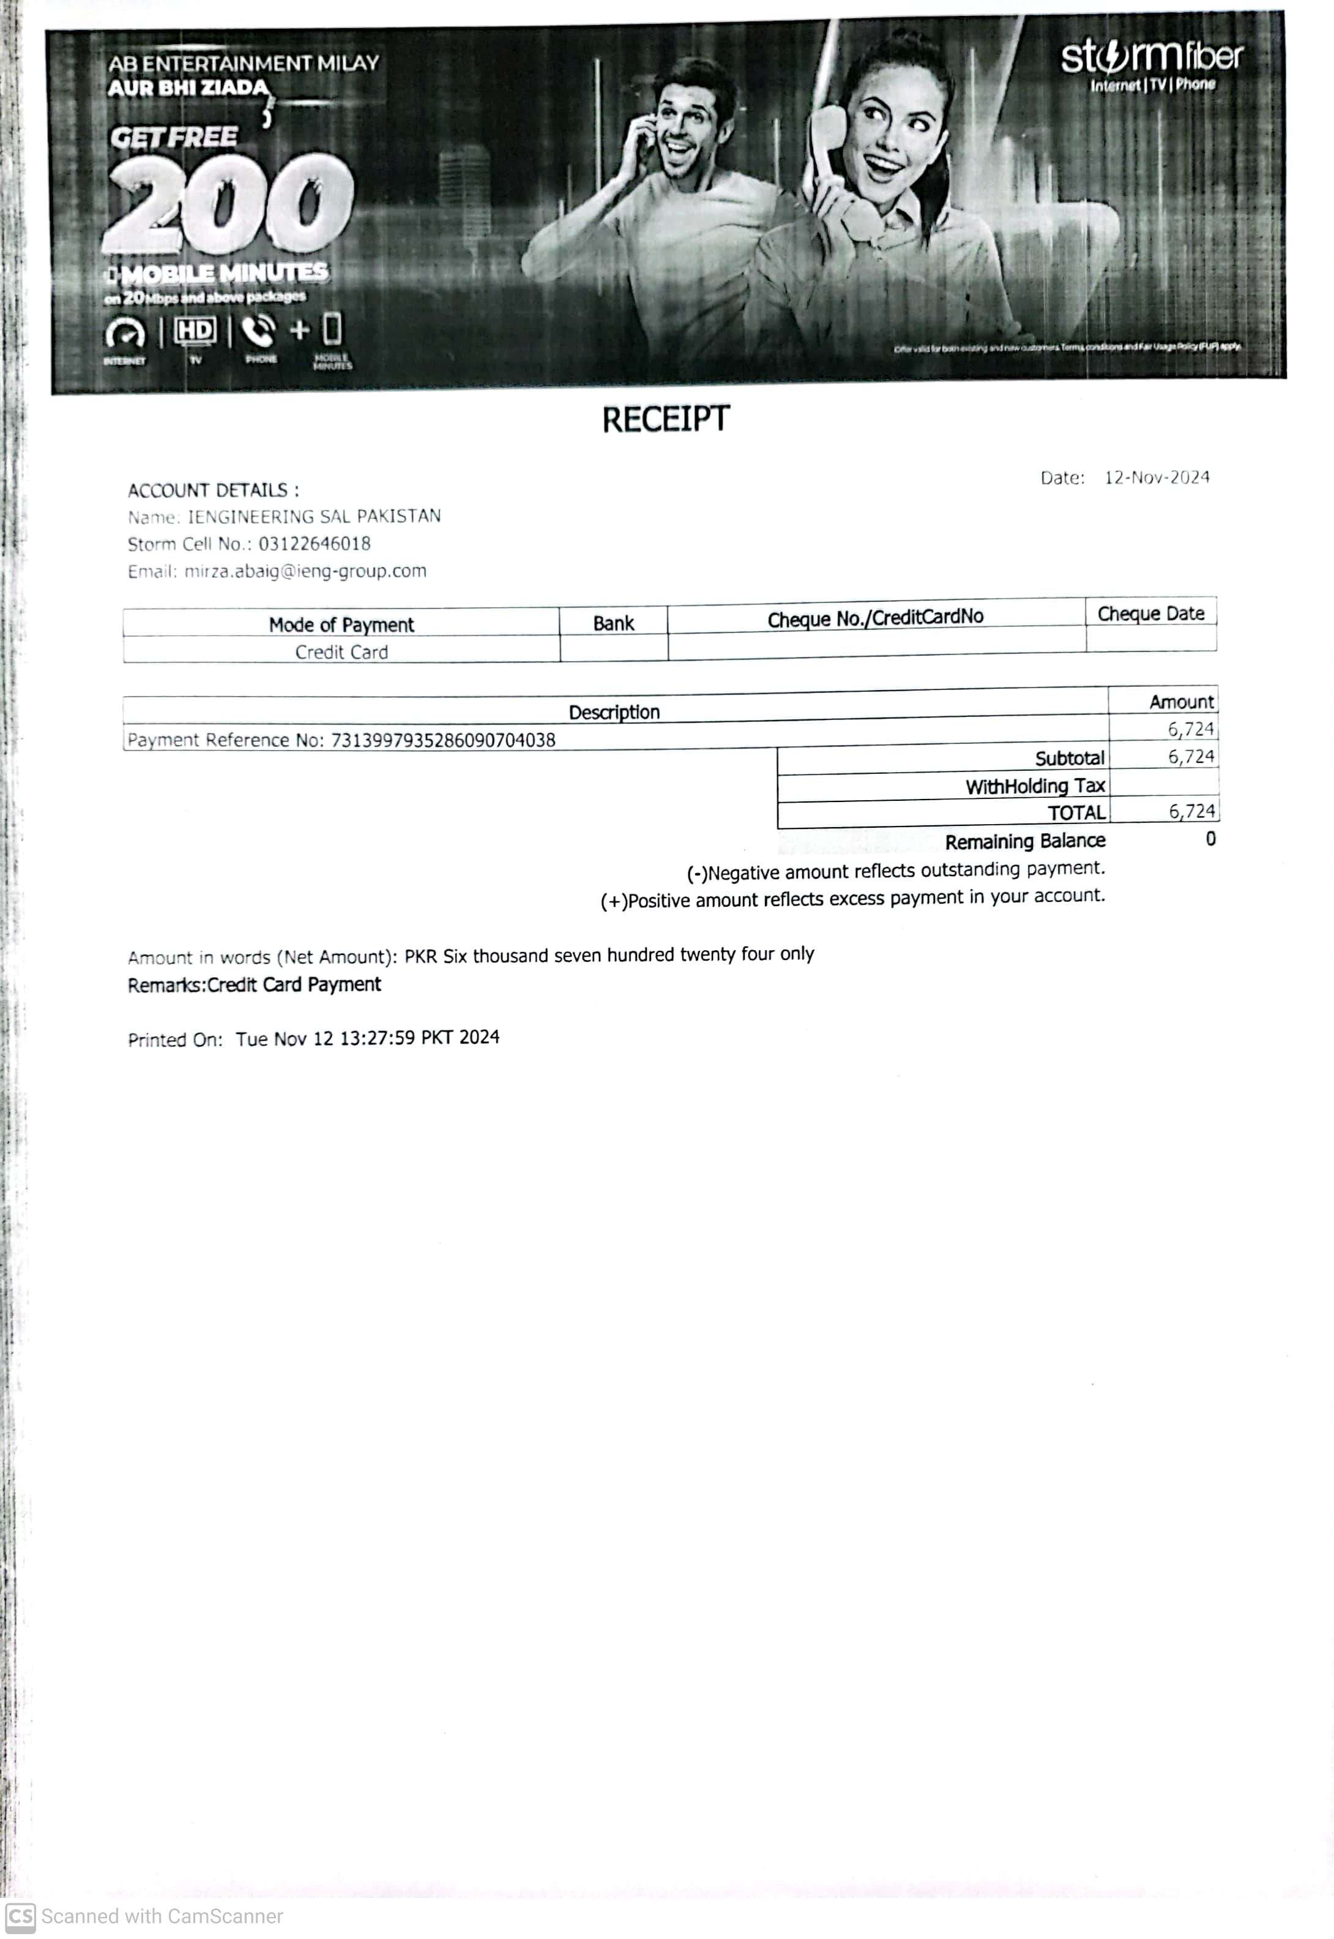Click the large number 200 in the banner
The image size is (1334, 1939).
point(228,203)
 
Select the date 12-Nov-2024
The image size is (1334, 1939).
point(1157,478)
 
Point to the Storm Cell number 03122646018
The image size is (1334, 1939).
point(315,544)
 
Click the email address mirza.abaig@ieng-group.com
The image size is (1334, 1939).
point(305,571)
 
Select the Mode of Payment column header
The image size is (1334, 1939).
point(341,624)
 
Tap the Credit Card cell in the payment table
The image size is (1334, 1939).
point(341,652)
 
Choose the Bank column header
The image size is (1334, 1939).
point(614,623)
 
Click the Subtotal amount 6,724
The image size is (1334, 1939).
point(1190,757)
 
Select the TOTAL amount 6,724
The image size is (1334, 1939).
point(1191,811)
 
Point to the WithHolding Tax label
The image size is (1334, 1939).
point(1035,786)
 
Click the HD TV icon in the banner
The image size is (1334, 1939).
point(195,331)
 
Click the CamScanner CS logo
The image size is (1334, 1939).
point(20,1916)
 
